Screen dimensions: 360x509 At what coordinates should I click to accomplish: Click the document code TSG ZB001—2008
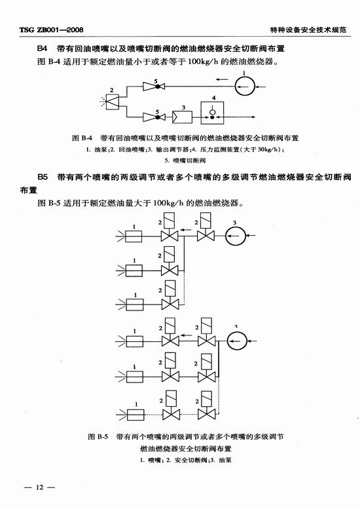[x=51, y=30]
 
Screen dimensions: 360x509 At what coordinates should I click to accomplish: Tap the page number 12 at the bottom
[x=39, y=487]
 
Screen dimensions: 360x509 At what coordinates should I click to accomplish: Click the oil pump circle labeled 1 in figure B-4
[x=245, y=86]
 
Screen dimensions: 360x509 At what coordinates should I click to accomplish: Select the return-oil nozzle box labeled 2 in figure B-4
[x=113, y=102]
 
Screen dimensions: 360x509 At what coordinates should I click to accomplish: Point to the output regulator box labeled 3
[x=182, y=117]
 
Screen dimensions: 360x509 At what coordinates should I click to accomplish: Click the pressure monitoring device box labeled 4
[x=213, y=113]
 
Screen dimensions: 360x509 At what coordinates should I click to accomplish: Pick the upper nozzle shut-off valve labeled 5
[x=154, y=86]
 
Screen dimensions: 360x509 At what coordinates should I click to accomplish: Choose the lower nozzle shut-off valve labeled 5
[x=154, y=117]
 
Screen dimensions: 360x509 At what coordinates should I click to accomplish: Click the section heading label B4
[x=42, y=48]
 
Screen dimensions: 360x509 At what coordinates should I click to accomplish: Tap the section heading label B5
[x=43, y=178]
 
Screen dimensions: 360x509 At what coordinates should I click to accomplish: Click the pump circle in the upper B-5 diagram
[x=236, y=236]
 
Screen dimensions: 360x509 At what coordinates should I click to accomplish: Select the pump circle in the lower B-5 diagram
[x=237, y=341]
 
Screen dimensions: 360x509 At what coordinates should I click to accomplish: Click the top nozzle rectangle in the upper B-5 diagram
[x=134, y=236]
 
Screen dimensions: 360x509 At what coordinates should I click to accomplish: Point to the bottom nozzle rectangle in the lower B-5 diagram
[x=135, y=415]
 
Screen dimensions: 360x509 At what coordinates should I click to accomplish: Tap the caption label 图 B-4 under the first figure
[x=82, y=138]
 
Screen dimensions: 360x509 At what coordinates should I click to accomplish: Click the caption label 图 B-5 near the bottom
[x=98, y=436]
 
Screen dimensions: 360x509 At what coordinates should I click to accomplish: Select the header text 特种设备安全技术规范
[x=308, y=30]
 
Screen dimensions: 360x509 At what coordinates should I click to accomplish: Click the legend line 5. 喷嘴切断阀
[x=185, y=160]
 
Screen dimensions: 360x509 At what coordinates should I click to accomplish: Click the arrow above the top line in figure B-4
[x=222, y=79]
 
